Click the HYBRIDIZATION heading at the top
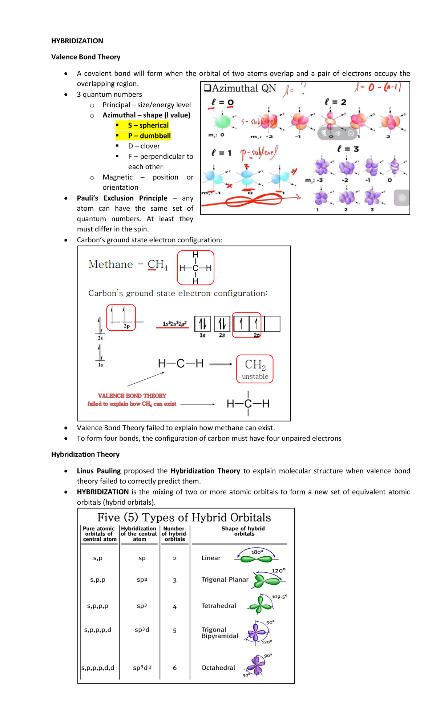click(77, 41)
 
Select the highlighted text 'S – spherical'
click(148, 125)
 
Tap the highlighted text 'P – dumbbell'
click(149, 136)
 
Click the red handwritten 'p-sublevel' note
click(259, 153)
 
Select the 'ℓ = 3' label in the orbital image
click(348, 149)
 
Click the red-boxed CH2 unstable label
click(255, 369)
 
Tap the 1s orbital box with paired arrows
click(202, 324)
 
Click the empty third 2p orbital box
click(272, 324)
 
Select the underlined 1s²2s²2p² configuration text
click(174, 323)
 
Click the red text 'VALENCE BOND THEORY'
click(132, 396)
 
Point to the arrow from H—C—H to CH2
click(221, 364)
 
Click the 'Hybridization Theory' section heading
click(85, 454)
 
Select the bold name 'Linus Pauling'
click(98, 471)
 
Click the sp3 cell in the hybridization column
click(142, 606)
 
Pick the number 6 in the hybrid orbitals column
click(175, 668)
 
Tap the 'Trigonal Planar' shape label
click(225, 580)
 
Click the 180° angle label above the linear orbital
click(257, 552)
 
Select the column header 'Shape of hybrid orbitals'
click(243, 531)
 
